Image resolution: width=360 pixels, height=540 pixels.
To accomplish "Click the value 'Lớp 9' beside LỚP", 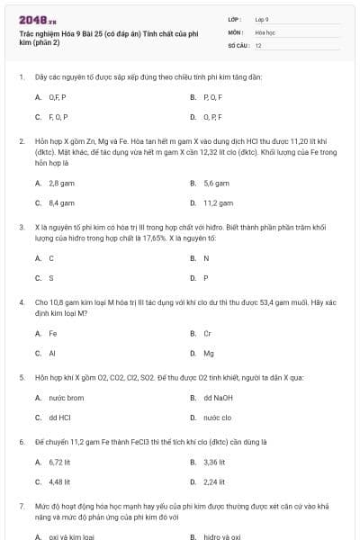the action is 262,19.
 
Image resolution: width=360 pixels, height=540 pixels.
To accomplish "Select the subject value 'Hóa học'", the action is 265,31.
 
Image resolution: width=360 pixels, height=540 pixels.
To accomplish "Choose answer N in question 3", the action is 206,258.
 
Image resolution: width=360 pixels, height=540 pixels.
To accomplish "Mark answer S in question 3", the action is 50,279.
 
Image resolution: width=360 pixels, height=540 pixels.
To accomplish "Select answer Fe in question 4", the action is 53,333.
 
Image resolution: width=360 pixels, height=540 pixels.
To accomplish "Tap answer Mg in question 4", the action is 209,354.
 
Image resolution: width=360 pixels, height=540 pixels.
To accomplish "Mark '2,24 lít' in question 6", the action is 214,482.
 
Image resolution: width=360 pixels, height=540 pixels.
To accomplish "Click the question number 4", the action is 22,302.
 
